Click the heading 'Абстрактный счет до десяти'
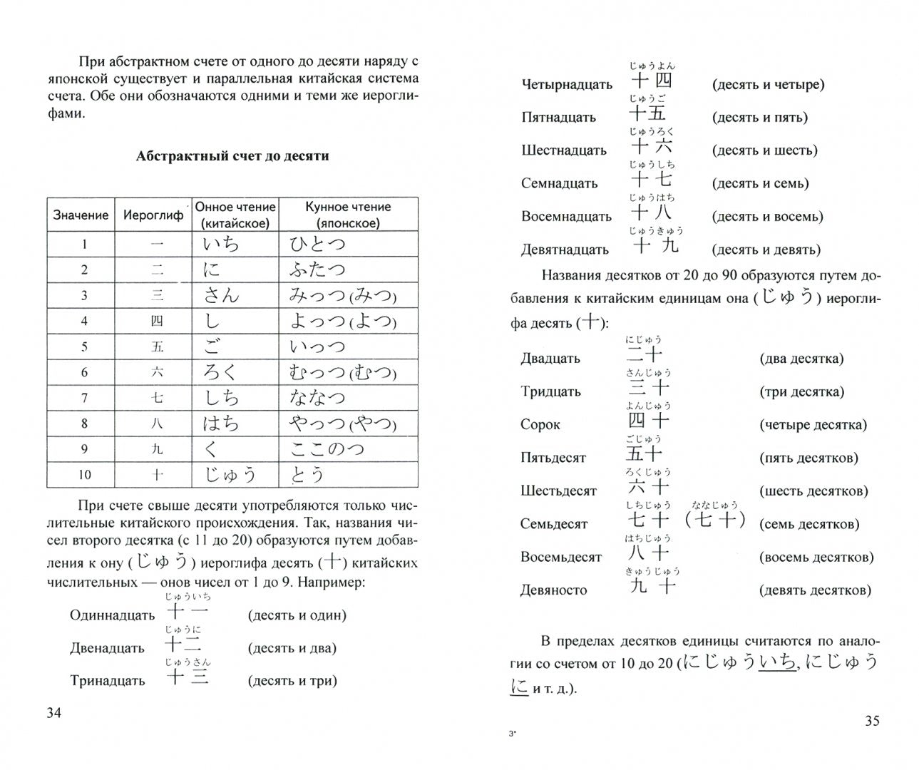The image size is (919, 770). (232, 156)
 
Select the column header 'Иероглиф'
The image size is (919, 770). (153, 215)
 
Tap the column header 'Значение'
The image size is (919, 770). (81, 215)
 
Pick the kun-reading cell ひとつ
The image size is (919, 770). (317, 245)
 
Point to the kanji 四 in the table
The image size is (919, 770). (157, 322)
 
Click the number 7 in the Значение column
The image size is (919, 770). (84, 398)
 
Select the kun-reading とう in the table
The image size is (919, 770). (307, 475)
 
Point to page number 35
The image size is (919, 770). (872, 721)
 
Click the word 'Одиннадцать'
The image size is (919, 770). (113, 615)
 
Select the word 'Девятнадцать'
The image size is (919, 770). (565, 250)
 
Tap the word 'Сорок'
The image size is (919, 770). (540, 425)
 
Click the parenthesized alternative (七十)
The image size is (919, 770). (714, 520)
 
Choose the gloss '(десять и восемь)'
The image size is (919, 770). (767, 216)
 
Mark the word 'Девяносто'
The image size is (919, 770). (554, 590)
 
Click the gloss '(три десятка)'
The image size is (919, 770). (802, 391)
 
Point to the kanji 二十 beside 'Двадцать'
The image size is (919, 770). (645, 354)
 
